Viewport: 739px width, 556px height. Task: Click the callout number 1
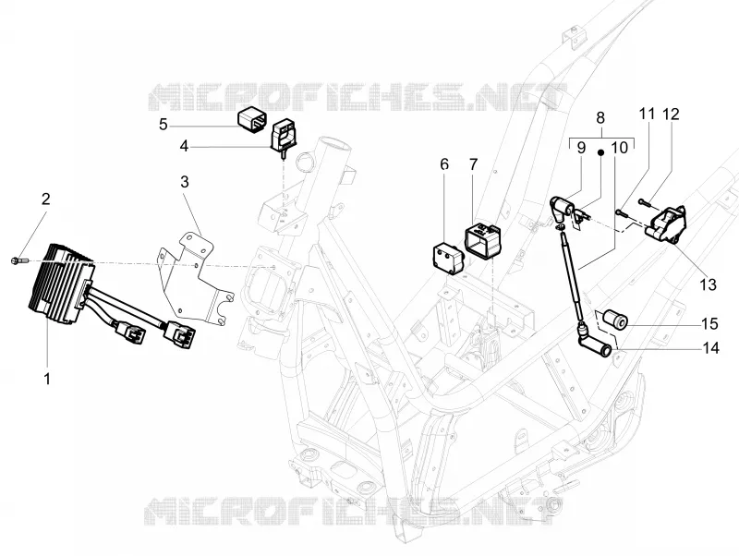point(47,379)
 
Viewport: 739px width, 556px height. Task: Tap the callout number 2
point(45,199)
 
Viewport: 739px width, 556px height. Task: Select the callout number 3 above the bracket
point(185,181)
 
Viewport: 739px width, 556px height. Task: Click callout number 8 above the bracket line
point(600,117)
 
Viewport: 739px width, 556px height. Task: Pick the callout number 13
point(708,284)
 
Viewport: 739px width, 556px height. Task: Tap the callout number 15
point(709,323)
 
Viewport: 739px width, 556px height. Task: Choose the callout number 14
point(710,348)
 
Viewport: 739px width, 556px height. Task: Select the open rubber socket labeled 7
point(483,241)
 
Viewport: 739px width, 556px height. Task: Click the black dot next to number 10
point(601,152)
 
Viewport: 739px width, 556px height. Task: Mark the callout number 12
point(672,114)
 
